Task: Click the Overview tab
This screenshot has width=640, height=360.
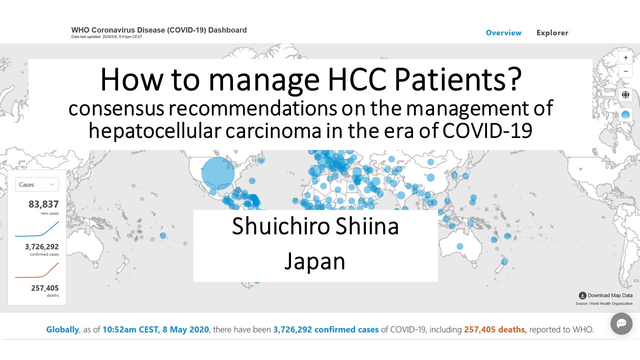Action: [503, 33]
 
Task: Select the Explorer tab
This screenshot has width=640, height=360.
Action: [552, 33]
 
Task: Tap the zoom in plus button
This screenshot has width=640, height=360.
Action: [625, 57]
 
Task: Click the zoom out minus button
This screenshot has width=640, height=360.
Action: [625, 71]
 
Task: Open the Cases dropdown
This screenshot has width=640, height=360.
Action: [37, 184]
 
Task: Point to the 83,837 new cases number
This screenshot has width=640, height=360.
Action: [43, 204]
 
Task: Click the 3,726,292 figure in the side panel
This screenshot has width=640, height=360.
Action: [41, 246]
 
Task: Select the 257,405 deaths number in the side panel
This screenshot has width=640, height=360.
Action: [45, 288]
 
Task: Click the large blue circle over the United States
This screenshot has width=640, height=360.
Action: [218, 173]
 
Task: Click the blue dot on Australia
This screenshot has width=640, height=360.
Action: [459, 246]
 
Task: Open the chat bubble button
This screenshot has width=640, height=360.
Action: [621, 323]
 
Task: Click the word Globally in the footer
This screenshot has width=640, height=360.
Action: [62, 329]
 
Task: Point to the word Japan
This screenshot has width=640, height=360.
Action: [315, 261]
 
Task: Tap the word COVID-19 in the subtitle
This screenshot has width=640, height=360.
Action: [487, 131]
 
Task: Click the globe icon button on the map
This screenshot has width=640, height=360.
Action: [625, 94]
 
